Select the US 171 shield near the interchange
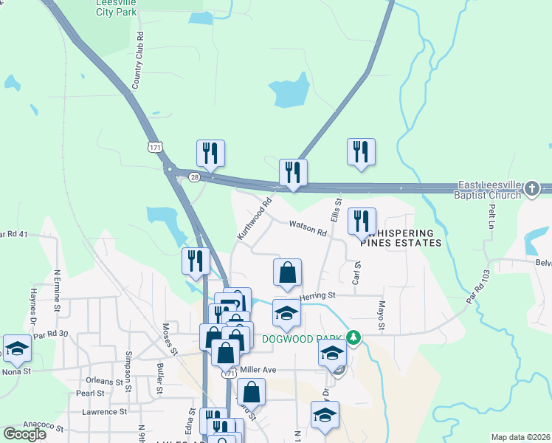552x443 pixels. [155, 148]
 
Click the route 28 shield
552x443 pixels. [194, 177]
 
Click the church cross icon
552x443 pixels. [531, 190]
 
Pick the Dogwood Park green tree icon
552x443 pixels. [354, 337]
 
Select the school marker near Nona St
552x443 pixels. [17, 348]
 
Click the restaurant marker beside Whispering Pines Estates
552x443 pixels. [362, 221]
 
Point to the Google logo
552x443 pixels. [25, 434]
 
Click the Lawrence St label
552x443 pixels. [105, 412]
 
